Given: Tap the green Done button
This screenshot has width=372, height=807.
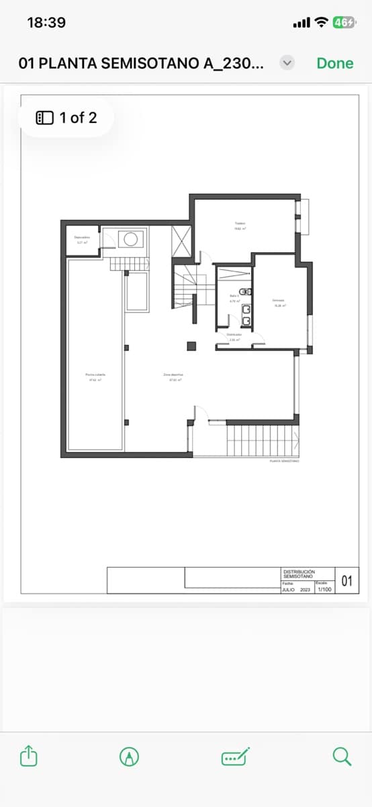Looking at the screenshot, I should (334, 63).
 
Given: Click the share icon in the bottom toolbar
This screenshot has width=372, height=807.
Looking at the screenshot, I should (28, 757).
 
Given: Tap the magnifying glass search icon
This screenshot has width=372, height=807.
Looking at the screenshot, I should (342, 757).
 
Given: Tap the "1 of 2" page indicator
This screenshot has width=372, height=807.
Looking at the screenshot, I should (66, 118).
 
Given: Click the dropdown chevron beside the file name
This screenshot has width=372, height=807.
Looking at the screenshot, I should (287, 63).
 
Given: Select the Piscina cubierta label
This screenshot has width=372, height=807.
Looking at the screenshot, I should (95, 377).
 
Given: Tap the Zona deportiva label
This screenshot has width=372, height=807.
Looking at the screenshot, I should (173, 377).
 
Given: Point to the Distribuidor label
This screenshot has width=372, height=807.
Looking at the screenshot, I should (234, 337).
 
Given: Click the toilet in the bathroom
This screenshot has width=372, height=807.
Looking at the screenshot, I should (246, 291).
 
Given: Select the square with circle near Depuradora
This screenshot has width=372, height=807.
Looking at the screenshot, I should (130, 239).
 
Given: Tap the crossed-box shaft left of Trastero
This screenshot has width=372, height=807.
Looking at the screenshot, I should (182, 241).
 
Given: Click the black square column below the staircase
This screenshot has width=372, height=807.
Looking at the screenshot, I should (191, 346).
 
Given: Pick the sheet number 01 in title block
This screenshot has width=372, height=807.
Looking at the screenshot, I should (346, 581).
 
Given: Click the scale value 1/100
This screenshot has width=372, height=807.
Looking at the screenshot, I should (324, 589).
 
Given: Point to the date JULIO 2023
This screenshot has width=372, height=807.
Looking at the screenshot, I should (296, 589).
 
